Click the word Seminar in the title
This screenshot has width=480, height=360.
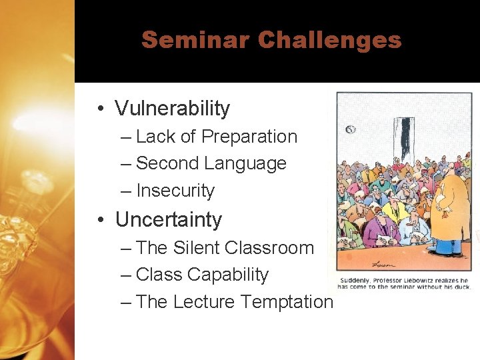[195, 40]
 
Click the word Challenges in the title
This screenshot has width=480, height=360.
[330, 40]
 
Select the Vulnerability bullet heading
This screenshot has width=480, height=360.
[172, 108]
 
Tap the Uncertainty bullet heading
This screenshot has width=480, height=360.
[168, 219]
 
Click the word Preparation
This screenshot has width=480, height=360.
[249, 137]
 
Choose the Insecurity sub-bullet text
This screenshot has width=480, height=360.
[175, 191]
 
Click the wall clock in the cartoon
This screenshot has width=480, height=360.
[351, 129]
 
